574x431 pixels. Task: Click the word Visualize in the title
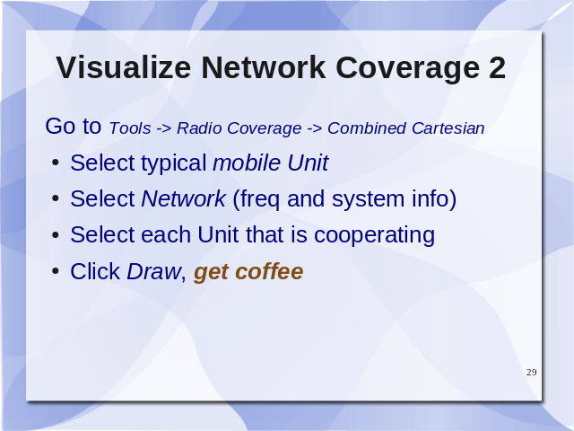tap(124, 67)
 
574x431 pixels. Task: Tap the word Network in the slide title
tap(264, 67)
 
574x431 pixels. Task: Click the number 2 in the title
tap(497, 67)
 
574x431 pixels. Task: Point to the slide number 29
tap(532, 372)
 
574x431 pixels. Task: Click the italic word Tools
tap(130, 128)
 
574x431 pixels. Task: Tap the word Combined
tap(367, 128)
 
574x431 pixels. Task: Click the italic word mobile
tap(247, 163)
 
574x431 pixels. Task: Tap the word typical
tap(174, 163)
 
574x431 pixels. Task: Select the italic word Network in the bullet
tap(183, 198)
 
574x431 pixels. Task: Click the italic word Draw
tap(153, 271)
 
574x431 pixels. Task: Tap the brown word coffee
tap(269, 271)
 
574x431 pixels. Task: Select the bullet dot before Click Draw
tap(56, 271)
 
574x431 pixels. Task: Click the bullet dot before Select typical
tap(56, 163)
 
